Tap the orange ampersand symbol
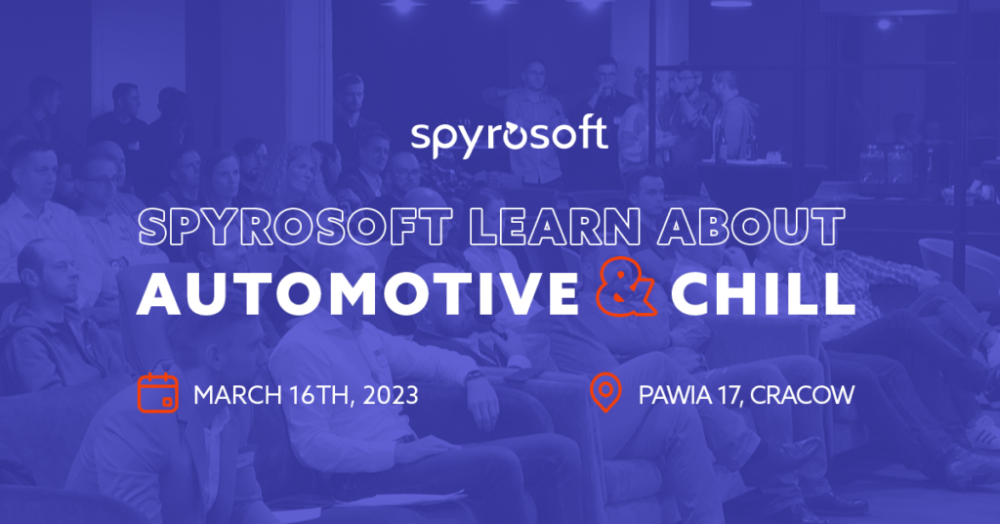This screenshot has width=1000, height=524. click(x=625, y=287)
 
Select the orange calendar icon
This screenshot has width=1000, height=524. click(x=157, y=393)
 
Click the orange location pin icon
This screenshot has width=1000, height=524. click(x=605, y=393)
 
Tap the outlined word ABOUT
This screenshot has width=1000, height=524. click(x=751, y=227)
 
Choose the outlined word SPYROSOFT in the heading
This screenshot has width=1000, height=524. click(x=295, y=227)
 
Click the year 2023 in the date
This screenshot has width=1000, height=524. click(x=391, y=395)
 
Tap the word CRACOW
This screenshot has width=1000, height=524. click(x=802, y=395)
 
